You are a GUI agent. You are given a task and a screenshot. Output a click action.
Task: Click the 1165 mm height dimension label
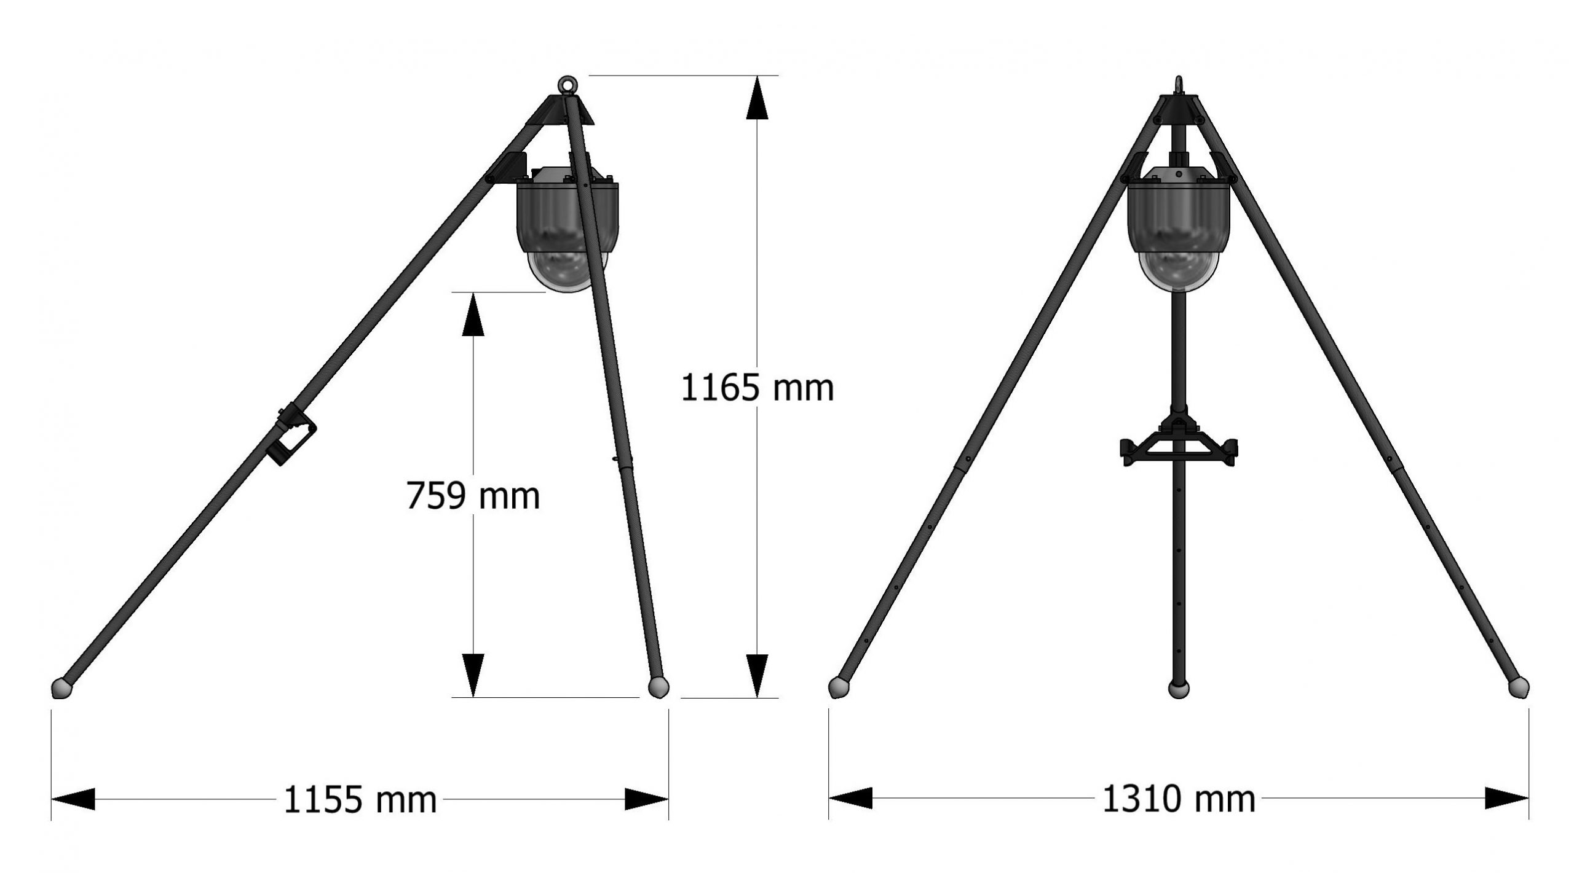757,388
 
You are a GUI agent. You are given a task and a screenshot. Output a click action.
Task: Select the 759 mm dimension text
473,496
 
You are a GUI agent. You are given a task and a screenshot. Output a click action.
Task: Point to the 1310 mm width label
1179,799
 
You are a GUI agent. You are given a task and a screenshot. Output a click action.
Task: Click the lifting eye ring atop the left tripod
566,84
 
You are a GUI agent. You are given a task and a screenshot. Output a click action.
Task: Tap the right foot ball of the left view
658,687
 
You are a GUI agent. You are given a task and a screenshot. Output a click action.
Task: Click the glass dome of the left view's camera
567,270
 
